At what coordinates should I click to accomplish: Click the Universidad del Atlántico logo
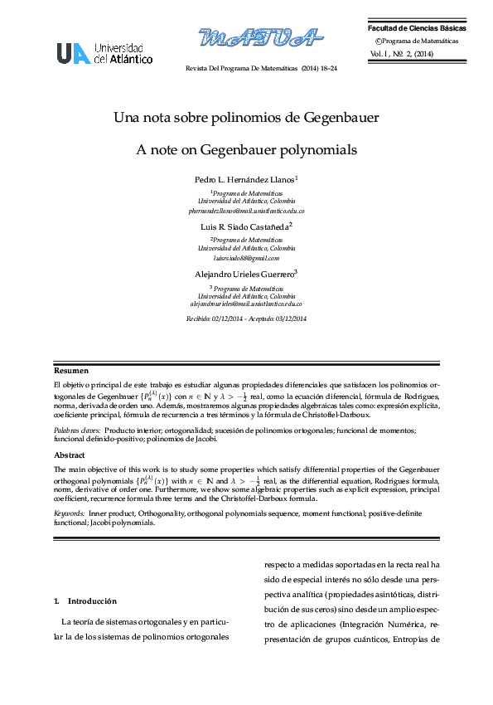click(104, 54)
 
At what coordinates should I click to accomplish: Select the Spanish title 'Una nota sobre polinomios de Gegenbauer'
click(246, 118)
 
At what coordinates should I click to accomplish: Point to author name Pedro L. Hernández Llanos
click(245, 179)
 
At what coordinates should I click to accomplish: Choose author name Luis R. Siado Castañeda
click(245, 226)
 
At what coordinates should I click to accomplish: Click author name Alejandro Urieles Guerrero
click(245, 273)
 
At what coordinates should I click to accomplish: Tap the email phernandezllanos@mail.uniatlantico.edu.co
click(246, 211)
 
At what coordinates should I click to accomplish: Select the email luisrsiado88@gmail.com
click(246, 259)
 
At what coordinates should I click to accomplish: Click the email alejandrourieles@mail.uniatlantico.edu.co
click(246, 305)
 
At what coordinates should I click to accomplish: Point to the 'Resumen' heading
click(71, 371)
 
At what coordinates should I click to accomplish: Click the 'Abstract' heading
click(70, 455)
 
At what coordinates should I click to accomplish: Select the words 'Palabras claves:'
click(77, 430)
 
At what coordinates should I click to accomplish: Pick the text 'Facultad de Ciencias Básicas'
click(417, 29)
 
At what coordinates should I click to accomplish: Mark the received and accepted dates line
click(246, 319)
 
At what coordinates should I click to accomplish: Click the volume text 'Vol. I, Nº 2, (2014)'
click(402, 54)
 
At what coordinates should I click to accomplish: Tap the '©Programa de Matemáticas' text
click(417, 41)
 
